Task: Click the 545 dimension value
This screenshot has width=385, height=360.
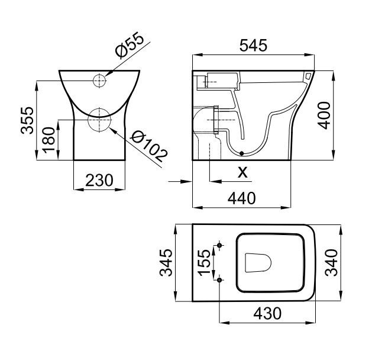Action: (x=253, y=46)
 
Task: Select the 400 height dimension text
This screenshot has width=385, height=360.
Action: (x=324, y=115)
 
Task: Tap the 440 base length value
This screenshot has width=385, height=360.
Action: (x=242, y=198)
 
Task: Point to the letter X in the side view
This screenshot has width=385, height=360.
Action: (x=242, y=172)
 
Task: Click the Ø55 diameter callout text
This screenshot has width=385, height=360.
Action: (x=130, y=45)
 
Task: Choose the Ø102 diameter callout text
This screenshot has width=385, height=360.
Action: (x=149, y=147)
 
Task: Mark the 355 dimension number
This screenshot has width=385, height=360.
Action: (x=27, y=120)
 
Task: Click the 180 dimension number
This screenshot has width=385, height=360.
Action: (x=49, y=140)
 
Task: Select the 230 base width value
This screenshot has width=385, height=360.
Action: (x=99, y=180)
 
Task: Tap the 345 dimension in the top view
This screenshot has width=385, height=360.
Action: (x=166, y=262)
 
